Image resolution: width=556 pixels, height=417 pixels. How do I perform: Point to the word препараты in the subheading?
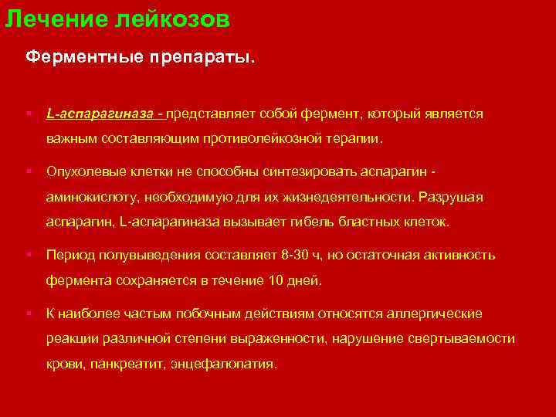(x=203, y=57)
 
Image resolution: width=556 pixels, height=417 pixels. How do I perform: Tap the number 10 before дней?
(x=277, y=280)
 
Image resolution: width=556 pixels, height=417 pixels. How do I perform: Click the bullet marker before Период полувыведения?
(x=28, y=254)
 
